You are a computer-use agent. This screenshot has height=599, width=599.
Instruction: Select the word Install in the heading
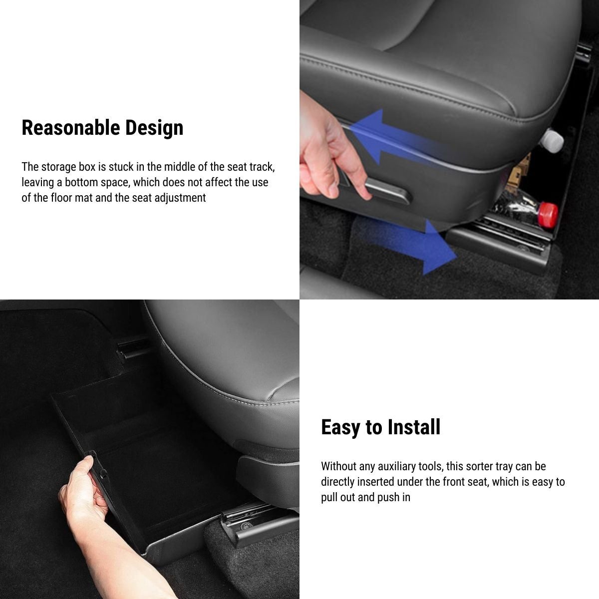pyautogui.click(x=414, y=427)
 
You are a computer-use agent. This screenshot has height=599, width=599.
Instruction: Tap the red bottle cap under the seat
pyautogui.click(x=550, y=214)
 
